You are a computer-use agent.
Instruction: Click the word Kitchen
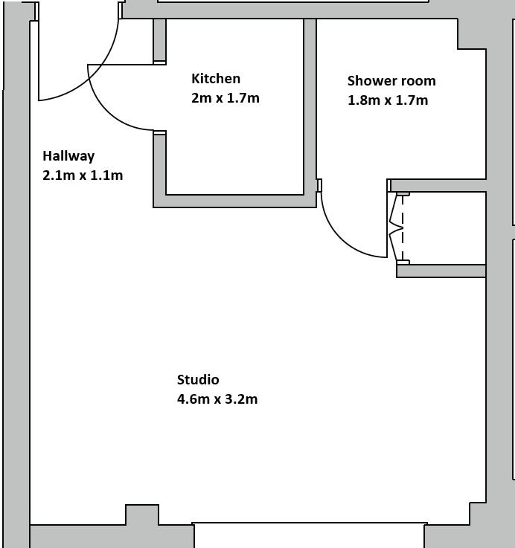[x=216, y=79]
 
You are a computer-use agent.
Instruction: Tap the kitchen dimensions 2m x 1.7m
[x=225, y=98]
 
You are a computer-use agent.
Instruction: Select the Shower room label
[x=391, y=81]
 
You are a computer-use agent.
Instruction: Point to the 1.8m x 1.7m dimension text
[x=388, y=100]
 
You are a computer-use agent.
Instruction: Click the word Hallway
[x=68, y=156]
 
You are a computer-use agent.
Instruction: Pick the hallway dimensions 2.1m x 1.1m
[x=83, y=175]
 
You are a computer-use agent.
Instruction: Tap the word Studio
[x=198, y=379]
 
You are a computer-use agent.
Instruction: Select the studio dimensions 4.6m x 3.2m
[x=217, y=399]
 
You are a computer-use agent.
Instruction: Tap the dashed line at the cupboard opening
[x=403, y=228]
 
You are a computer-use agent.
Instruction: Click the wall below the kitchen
[x=234, y=202]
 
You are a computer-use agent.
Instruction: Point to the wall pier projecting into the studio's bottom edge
[x=142, y=515]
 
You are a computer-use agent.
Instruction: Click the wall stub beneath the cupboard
[x=441, y=271]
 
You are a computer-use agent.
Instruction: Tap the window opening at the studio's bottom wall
[x=310, y=535]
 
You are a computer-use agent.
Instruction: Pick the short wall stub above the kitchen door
[x=159, y=41]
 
